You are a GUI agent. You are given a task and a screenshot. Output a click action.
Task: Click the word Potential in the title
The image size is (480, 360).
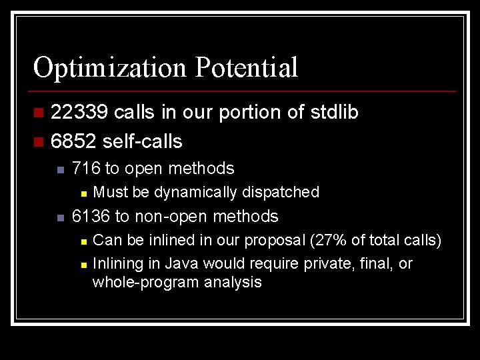247,68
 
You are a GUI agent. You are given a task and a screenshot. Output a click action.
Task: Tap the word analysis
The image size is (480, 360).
232,283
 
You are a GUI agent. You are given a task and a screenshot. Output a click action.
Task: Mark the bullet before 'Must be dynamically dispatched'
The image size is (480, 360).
83,193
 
